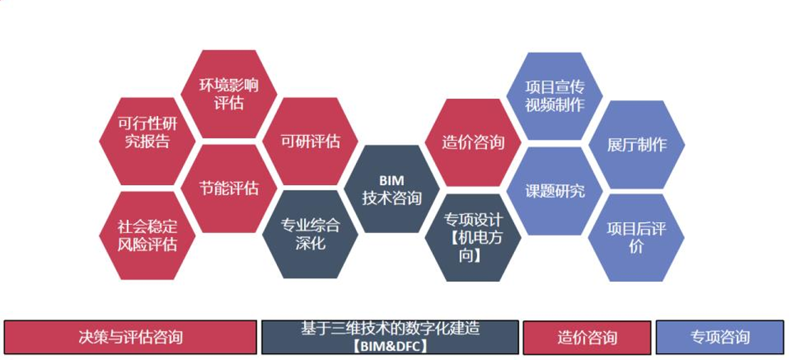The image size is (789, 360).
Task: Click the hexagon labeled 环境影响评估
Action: [x=229, y=94]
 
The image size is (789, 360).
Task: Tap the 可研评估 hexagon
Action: [x=310, y=141]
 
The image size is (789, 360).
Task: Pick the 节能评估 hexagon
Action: [x=229, y=188]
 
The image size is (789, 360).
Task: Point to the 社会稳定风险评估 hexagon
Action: [x=147, y=235]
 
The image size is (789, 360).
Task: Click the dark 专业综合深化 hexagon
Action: [x=310, y=234]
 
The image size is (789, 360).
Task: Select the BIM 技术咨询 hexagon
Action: [x=392, y=190]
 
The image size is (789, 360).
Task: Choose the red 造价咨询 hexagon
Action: [x=473, y=143]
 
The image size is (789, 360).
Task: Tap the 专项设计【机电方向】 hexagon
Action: [x=473, y=237]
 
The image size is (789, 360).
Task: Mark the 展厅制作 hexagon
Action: [x=636, y=145]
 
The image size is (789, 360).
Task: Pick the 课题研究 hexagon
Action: [x=555, y=191]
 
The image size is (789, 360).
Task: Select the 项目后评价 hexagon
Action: [x=636, y=237]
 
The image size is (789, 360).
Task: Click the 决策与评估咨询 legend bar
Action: [x=130, y=337]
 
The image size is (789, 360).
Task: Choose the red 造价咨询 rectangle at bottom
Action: [x=587, y=337]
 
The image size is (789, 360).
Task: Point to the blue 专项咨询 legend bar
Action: [x=719, y=337]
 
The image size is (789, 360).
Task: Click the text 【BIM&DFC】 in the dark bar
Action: [x=390, y=346]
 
